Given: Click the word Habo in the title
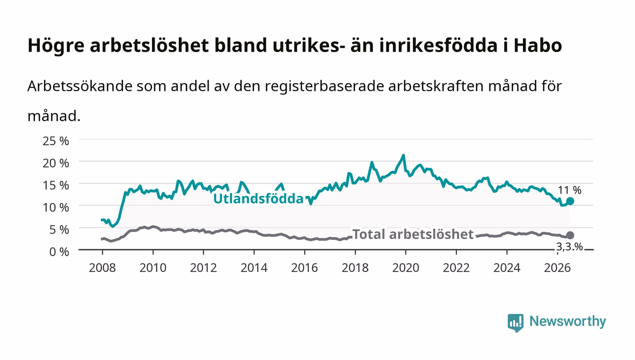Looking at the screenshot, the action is [x=537, y=45].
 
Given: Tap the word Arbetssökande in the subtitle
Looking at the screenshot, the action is [x=80, y=86].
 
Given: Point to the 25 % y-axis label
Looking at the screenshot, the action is [x=55, y=141].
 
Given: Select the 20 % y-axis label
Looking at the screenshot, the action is [x=55, y=163].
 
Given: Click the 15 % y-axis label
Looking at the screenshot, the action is [x=55, y=185].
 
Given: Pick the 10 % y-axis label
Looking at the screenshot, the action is [x=55, y=208].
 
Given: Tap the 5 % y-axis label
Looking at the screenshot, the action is [x=59, y=229].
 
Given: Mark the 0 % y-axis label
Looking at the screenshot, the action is [x=59, y=252].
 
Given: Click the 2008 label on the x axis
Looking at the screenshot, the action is [x=103, y=268].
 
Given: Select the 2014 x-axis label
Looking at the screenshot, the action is [x=254, y=268].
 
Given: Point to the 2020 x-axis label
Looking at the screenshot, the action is [x=405, y=268].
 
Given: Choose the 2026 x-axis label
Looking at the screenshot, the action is [x=557, y=268].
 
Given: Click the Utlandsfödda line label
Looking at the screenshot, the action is [x=258, y=199].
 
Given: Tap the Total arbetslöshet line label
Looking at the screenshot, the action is [x=413, y=234].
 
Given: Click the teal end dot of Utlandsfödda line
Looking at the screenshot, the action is [x=570, y=201].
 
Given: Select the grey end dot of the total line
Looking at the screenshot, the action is [x=570, y=235].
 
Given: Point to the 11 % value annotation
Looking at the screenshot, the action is [x=570, y=190].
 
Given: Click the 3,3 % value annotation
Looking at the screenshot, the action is [x=569, y=247].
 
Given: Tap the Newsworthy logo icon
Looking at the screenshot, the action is [x=515, y=323].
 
